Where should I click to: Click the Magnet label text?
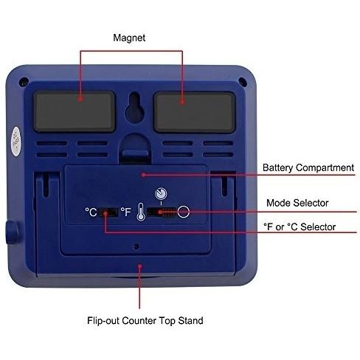[129, 38]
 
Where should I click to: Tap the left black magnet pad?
[74, 111]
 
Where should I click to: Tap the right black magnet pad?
[195, 112]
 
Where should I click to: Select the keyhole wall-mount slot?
[134, 107]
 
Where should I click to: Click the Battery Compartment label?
[308, 167]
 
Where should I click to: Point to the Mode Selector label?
[297, 203]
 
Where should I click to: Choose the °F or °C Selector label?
[300, 226]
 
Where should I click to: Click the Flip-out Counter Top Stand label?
[145, 321]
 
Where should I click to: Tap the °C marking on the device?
[91, 212]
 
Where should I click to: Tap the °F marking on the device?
[126, 212]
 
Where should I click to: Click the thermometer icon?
[141, 212]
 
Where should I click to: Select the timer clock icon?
[161, 193]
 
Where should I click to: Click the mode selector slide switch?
[162, 212]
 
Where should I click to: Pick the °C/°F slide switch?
[108, 212]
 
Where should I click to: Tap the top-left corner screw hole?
[24, 81]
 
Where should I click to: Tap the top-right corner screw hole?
[243, 81]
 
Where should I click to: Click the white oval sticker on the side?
[16, 141]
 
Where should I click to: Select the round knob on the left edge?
[12, 232]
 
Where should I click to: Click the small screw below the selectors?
[136, 246]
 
